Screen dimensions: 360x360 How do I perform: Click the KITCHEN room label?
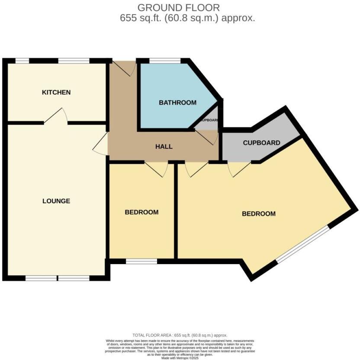coord(56,92)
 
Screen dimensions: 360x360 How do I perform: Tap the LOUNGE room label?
coord(56,201)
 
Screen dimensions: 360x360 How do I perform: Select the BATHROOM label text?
coord(177,103)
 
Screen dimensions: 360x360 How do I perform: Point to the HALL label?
coord(164,147)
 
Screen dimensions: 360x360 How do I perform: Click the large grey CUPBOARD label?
coord(261,143)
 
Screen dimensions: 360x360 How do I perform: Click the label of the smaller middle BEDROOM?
coord(141,212)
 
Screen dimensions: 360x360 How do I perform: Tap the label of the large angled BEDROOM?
coord(258,213)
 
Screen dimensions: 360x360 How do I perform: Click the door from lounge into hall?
coord(100,143)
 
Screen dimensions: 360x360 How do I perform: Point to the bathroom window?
coord(165,61)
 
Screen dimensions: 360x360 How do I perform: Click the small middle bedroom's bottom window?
coord(141,261)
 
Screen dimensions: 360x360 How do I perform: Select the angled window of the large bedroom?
coord(303,245)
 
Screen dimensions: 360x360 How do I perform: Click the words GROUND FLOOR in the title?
coord(178,7)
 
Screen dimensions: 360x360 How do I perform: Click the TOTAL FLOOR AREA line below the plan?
coord(180,335)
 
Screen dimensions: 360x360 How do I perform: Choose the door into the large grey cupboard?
coord(238,169)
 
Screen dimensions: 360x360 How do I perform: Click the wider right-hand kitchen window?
coord(74,61)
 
